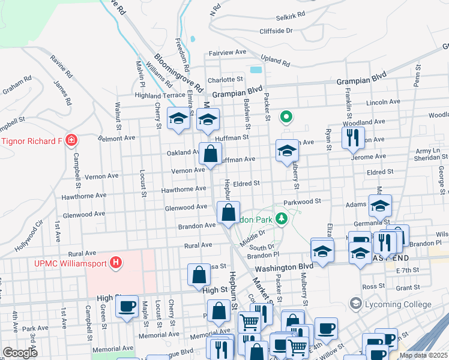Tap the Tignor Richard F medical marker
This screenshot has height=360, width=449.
71,141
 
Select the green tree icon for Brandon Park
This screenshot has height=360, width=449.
280,219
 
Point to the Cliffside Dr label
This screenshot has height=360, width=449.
276,30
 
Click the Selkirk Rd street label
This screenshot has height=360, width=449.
291,13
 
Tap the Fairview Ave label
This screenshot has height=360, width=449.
228,53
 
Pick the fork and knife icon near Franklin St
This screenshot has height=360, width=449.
354,137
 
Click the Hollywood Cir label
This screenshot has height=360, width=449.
28,236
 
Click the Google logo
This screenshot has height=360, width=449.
20,353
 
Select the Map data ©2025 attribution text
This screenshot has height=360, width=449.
423,355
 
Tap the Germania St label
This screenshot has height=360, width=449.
406,223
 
